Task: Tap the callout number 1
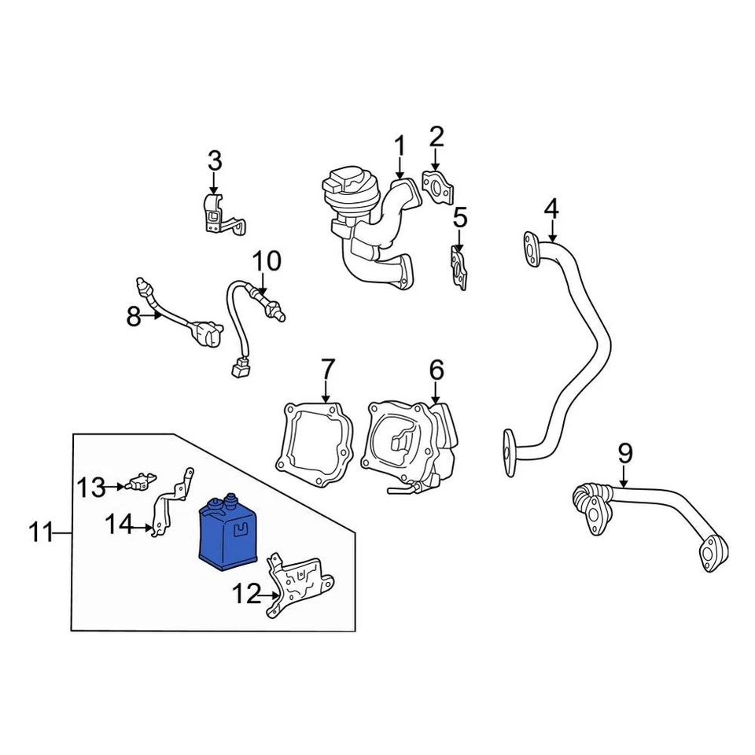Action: point(400,146)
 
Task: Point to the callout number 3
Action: point(215,161)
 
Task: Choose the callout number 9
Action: point(624,453)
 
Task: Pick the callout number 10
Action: point(266,260)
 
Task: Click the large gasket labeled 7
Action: point(315,440)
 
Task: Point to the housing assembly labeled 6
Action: point(409,444)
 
